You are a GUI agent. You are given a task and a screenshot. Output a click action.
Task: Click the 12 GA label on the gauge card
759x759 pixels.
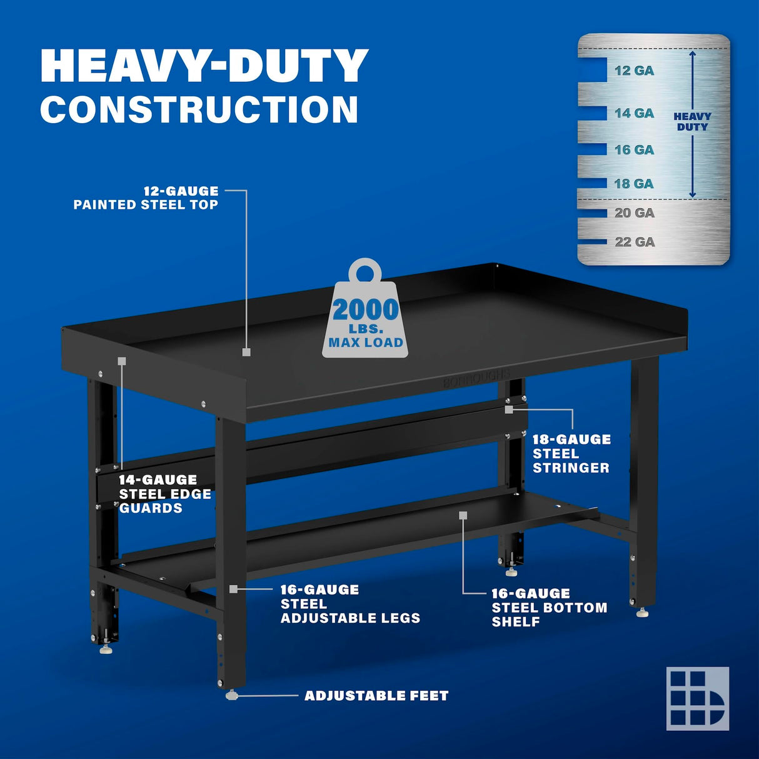[634, 71]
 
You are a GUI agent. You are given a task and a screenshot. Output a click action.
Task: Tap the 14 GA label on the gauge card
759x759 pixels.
[634, 113]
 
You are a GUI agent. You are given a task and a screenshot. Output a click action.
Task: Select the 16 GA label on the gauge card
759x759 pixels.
[634, 150]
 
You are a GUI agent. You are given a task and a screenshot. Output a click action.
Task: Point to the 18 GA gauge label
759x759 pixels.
[634, 184]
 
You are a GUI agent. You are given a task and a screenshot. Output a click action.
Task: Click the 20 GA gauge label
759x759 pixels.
[634, 213]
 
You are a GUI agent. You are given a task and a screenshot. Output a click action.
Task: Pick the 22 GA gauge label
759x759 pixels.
[634, 242]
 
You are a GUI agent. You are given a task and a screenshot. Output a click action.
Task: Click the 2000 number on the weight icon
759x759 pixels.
[365, 310]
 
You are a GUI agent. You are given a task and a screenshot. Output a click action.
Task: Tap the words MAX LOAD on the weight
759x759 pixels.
[366, 343]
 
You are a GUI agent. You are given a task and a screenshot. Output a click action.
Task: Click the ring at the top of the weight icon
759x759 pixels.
[364, 272]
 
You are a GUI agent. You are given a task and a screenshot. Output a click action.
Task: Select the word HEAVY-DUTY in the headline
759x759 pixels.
[204, 66]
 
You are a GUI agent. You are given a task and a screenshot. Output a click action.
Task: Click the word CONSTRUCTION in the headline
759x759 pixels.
[199, 110]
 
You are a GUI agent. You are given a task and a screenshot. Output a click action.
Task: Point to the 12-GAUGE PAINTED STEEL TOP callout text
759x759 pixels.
[146, 198]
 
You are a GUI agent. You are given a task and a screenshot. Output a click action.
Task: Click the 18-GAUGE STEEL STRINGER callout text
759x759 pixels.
[571, 454]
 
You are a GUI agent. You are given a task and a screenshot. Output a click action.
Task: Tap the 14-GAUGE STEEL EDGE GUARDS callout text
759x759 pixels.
[165, 494]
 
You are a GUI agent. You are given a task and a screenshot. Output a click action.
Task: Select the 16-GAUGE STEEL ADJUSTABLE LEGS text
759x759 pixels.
[349, 604]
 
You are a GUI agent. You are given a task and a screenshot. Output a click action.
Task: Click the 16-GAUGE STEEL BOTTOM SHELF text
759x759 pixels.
[549, 608]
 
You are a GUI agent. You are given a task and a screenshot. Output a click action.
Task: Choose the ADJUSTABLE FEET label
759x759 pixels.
[376, 696]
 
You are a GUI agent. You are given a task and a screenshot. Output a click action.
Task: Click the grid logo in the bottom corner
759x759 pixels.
[697, 698]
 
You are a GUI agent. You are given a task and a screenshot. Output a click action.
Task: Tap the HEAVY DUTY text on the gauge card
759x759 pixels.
[692, 121]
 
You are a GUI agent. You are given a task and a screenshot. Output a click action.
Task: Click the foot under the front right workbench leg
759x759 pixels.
[642, 613]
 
